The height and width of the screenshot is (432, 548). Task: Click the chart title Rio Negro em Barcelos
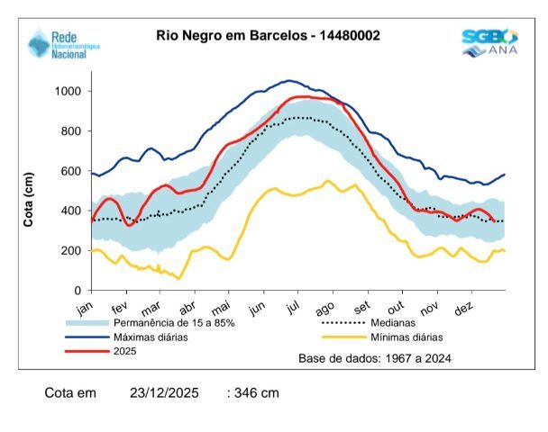pyautogui.click(x=268, y=36)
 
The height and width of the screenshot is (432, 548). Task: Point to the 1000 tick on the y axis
pyautogui.click(x=68, y=92)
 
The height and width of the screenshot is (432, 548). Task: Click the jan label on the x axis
pyautogui.click(x=87, y=307)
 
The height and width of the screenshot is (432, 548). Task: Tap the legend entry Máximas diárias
pyautogui.click(x=154, y=337)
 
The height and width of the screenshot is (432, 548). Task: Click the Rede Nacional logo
pyautogui.click(x=64, y=42)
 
